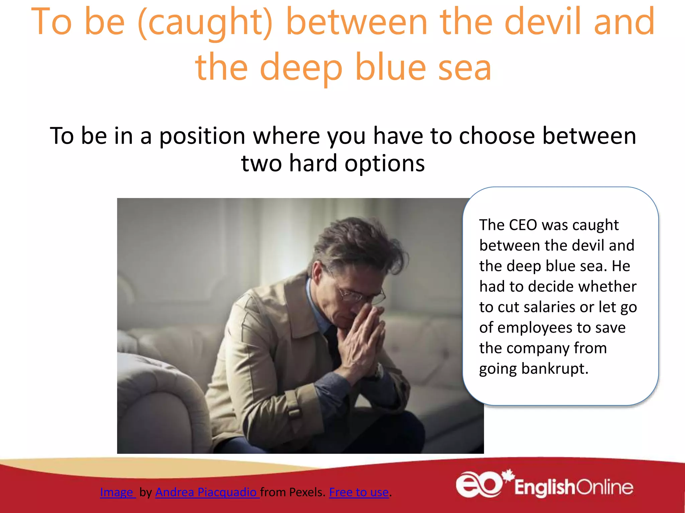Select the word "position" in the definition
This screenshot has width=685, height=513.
[x=202, y=136]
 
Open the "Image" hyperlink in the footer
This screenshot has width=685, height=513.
[x=117, y=492]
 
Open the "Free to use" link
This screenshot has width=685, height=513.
[x=359, y=492]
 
